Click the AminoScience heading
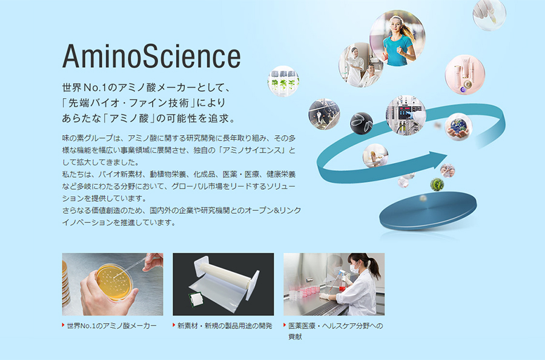click(x=151, y=56)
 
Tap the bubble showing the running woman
click(x=397, y=38)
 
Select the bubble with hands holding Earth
click(x=458, y=127)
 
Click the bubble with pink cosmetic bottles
click(x=464, y=75)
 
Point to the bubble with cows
click(x=324, y=114)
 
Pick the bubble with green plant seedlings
click(x=283, y=81)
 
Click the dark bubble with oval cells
click(x=362, y=123)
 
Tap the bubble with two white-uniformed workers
click(x=361, y=65)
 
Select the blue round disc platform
click(x=428, y=210)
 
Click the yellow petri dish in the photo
click(x=114, y=281)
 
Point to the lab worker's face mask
click(x=354, y=268)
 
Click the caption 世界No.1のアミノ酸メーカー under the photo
click(x=111, y=326)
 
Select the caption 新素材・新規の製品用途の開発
click(x=225, y=326)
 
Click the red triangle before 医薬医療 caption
click(x=285, y=325)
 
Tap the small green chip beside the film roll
click(x=196, y=299)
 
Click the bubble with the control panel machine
click(x=406, y=115)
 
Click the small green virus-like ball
click(x=437, y=184)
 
